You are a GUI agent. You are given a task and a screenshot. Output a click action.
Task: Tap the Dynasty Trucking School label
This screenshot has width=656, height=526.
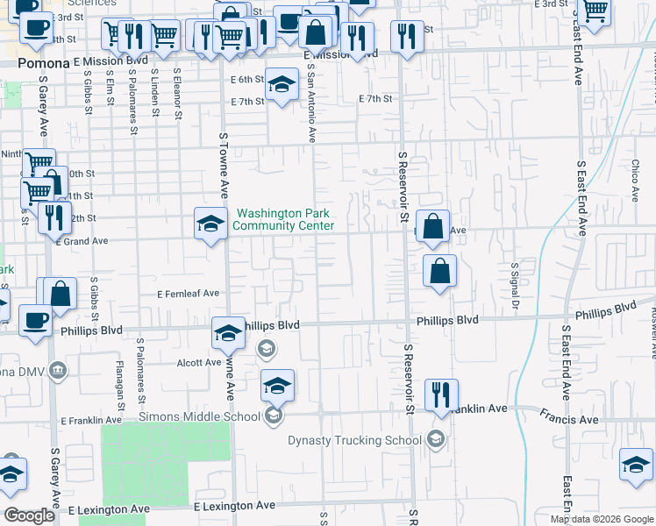tap(356, 440)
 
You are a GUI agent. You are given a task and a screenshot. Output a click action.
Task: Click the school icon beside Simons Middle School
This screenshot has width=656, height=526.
tap(273, 416)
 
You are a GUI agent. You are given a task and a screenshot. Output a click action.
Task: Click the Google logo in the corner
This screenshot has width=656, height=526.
tap(29, 515)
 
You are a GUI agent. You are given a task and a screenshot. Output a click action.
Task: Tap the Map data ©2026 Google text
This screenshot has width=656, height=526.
tap(601, 519)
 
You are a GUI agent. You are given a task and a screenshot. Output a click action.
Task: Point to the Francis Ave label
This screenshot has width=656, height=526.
tap(568, 419)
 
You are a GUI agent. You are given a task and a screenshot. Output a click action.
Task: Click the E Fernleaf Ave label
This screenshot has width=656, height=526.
tap(188, 295)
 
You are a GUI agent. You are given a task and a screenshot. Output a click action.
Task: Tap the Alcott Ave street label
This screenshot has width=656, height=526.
tap(199, 362)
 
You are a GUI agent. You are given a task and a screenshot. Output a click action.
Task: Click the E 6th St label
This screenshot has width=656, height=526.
tap(247, 80)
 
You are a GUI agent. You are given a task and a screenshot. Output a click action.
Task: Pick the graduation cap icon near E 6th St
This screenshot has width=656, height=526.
tap(281, 84)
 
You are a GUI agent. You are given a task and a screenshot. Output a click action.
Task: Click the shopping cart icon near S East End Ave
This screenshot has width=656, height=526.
tap(595, 11)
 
